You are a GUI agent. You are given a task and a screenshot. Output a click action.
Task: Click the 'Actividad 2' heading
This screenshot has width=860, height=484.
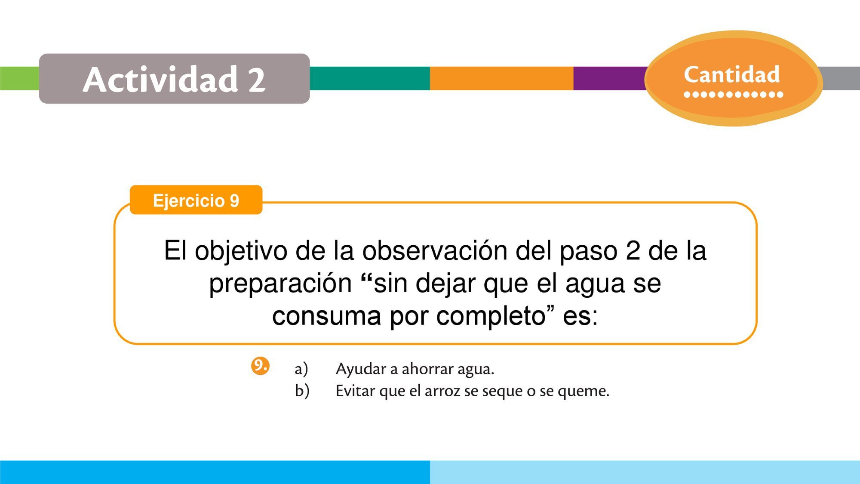[x=174, y=79]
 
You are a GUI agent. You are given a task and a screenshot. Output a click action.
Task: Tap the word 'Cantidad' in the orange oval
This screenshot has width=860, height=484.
[x=731, y=74]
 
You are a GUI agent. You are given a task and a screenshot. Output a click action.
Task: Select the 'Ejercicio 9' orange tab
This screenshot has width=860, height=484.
[x=196, y=200]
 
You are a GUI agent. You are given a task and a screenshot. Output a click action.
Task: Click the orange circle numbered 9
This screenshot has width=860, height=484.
[x=260, y=366]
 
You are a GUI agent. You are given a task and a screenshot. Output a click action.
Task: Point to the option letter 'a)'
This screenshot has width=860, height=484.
[x=301, y=369]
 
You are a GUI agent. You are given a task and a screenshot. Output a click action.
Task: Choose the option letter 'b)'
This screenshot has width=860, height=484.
[x=302, y=391]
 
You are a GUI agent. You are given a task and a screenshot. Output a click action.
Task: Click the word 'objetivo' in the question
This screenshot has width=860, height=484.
[x=241, y=251]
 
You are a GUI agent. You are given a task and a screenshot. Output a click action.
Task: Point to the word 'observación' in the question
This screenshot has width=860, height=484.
[x=435, y=250]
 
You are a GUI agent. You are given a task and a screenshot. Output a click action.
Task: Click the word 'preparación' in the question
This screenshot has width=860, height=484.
[x=280, y=284]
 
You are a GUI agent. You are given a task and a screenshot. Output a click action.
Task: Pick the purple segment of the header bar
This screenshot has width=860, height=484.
[x=610, y=78]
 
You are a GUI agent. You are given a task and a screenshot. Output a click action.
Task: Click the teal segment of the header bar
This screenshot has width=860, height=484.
[x=369, y=78]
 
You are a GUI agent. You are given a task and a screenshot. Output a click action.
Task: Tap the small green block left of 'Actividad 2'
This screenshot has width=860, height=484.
[x=20, y=78]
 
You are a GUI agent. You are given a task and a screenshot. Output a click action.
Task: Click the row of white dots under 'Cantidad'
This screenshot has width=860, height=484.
[x=733, y=94]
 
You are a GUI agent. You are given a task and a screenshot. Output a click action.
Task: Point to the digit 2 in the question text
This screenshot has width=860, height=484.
[x=633, y=250]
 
